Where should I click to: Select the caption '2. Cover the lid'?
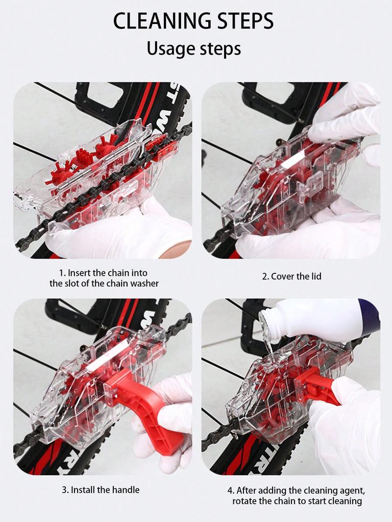291,276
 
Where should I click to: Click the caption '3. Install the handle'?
101,489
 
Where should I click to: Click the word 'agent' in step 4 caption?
352,490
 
